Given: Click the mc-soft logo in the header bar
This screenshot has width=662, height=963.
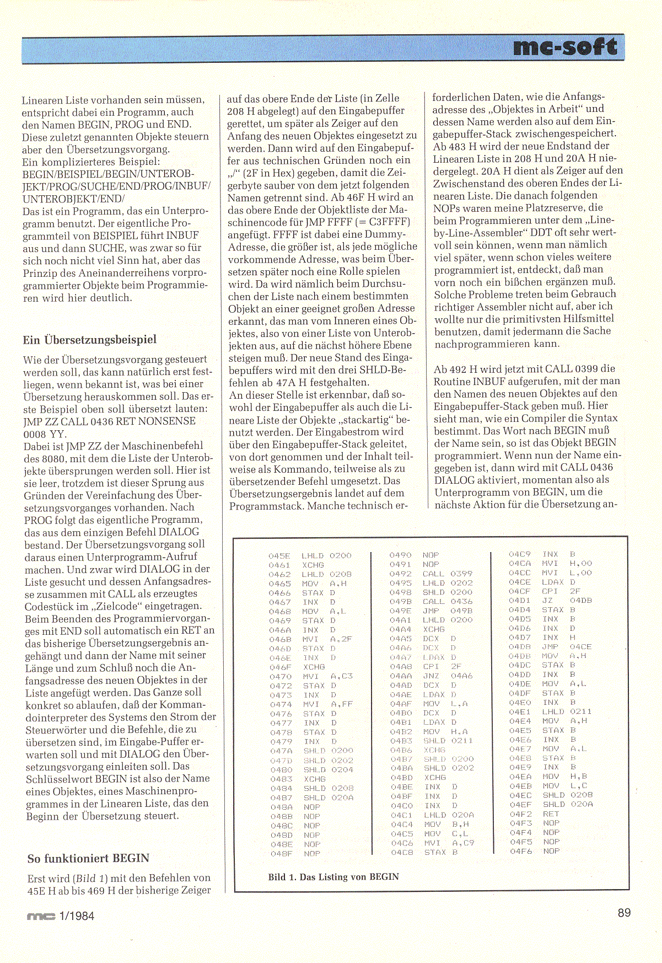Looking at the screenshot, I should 565,48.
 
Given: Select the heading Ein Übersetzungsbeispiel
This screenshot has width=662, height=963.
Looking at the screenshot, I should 89,340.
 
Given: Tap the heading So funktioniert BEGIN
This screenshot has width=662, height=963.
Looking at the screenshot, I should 88,858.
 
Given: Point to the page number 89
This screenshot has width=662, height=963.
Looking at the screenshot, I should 624,913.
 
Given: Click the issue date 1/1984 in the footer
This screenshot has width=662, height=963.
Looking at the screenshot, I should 77,916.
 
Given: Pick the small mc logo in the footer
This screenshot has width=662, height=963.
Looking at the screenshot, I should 41,917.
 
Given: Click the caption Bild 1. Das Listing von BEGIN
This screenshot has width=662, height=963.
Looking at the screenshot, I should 333,876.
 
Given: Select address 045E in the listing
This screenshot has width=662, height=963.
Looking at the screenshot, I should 279,556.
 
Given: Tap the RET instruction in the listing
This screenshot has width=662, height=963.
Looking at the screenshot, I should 551,814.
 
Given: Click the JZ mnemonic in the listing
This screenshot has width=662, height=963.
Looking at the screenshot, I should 547,600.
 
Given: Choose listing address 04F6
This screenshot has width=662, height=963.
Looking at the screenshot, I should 520,851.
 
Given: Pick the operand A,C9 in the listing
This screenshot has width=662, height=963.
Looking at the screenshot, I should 463,843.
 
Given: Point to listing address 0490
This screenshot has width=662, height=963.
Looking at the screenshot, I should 400,555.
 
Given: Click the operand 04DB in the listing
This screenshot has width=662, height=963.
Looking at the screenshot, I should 580,600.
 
